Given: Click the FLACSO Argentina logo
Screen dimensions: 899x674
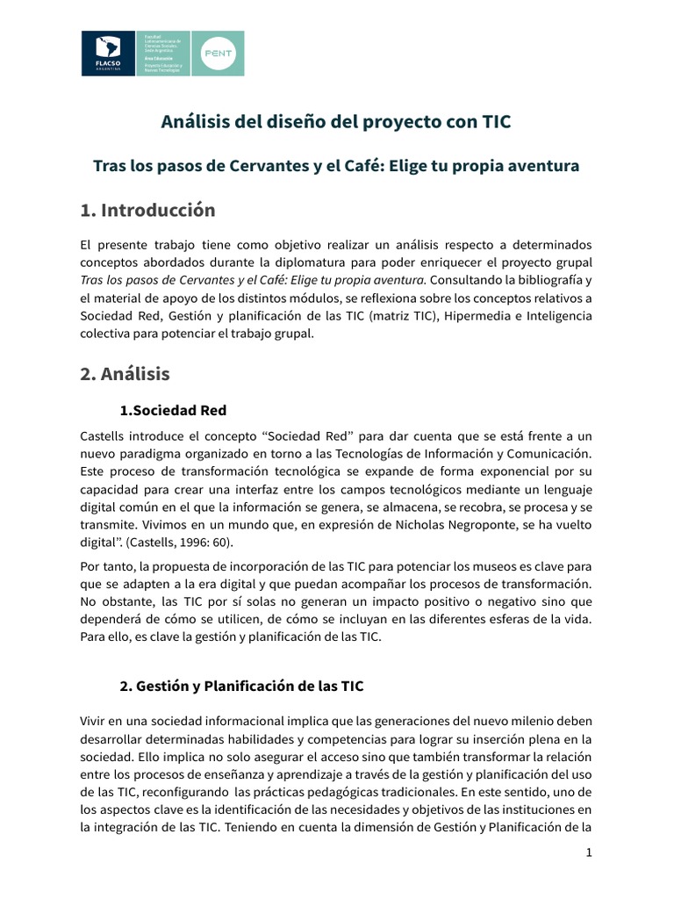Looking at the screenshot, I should point(108,53).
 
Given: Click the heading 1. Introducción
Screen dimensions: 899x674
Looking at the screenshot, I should point(147,211).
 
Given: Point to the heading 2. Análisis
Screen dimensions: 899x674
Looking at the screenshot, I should point(125,373).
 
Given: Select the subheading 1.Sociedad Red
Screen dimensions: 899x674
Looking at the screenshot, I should point(172,410).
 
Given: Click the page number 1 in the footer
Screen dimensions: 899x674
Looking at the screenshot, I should point(590,852).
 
